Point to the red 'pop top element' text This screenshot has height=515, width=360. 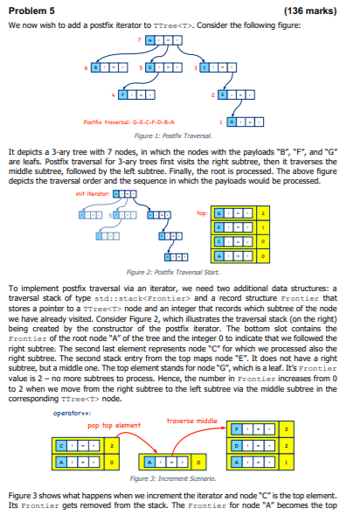114,425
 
